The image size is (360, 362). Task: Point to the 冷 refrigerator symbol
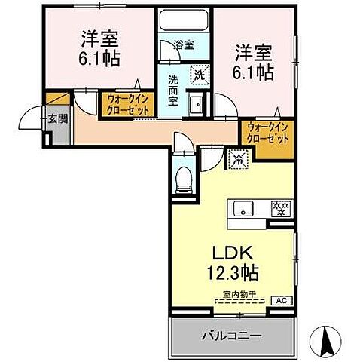236,159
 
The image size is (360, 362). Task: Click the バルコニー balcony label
230,333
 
